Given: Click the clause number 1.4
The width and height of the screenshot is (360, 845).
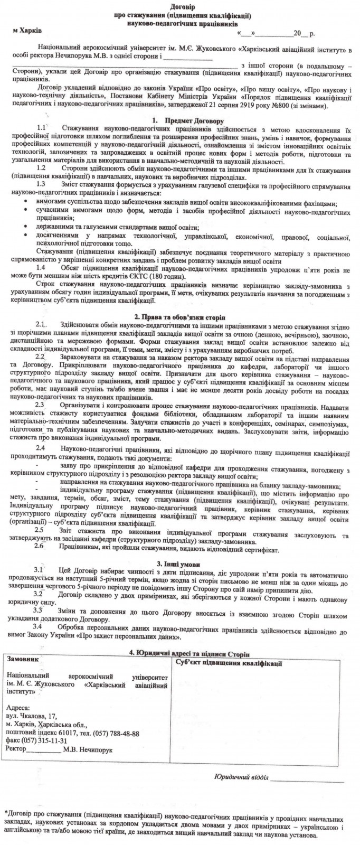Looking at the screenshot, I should [44, 269].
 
